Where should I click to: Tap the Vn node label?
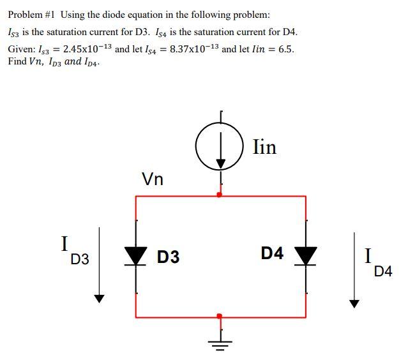(152, 179)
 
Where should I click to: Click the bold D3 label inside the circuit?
(168, 258)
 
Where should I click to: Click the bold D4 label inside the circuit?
(272, 253)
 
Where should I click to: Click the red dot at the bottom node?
(220, 316)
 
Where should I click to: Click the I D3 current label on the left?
(73, 251)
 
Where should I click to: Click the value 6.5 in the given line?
(287, 49)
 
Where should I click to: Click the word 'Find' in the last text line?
(17, 62)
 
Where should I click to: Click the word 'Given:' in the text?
(22, 50)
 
